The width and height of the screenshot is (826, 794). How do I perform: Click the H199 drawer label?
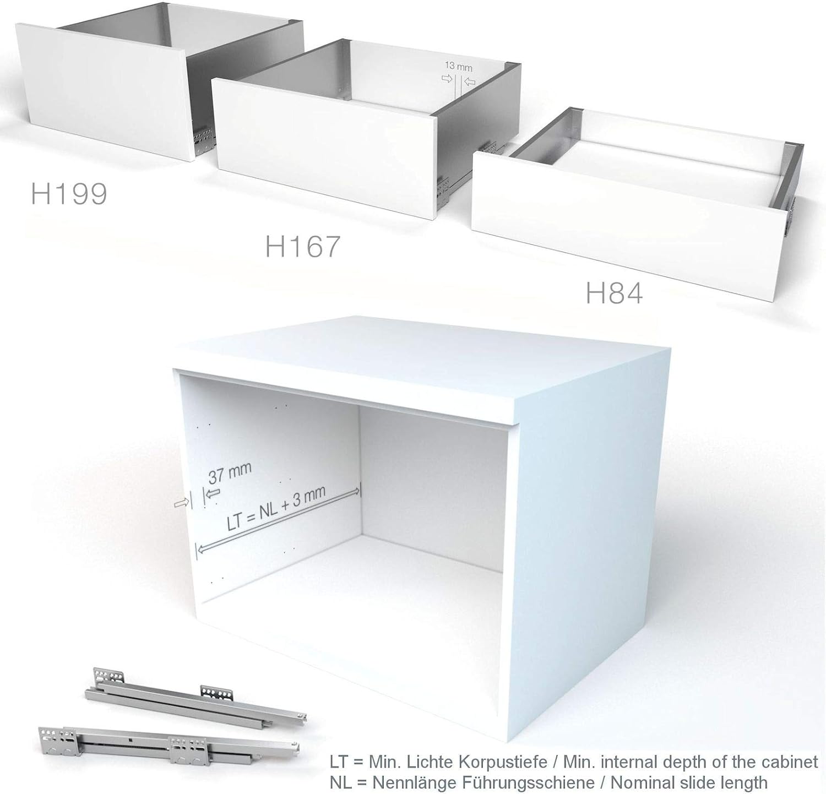69,194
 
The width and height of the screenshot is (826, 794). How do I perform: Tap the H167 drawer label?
303,246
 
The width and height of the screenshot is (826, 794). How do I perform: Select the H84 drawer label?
614,293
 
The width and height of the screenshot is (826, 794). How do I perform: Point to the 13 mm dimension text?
459,67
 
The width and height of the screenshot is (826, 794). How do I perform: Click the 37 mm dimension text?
230,472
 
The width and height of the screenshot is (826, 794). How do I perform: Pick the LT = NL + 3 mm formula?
276,508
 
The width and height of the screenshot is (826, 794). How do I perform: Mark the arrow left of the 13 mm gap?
447,79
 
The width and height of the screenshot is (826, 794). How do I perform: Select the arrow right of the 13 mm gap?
470,83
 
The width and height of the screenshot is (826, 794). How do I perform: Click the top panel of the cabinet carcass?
424,374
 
